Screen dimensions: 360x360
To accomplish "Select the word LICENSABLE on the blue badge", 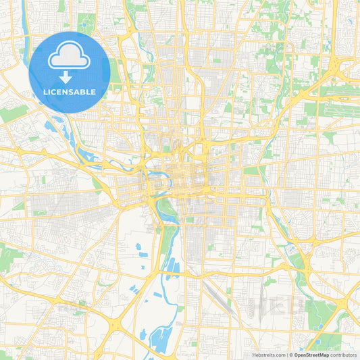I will click(70, 91).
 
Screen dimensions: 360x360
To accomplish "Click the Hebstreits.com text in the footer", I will click(268, 355).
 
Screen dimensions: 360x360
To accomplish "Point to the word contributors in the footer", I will click(344, 355).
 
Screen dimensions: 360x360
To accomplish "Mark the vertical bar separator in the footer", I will click(286, 355).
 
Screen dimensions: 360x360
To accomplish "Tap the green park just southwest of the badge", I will click(14, 113).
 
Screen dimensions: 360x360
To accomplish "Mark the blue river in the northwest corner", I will click(25, 27).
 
